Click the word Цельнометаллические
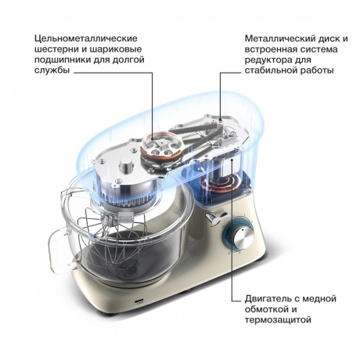pyautogui.click(x=86, y=38)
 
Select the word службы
pyautogui.click(x=52, y=70)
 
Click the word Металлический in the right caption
pyautogui.click(x=278, y=38)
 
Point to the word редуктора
pyautogui.click(x=268, y=59)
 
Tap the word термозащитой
pyautogui.click(x=278, y=320)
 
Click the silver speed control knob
pyautogui.click(x=243, y=238)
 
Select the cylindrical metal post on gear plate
pyautogui.click(x=126, y=165)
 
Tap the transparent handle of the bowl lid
pyautogui.click(x=58, y=250)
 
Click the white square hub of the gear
pyautogui.click(x=162, y=143)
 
